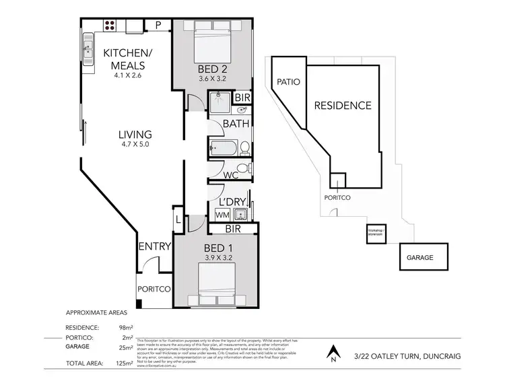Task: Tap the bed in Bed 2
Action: [x=211, y=44]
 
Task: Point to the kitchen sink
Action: [x=88, y=48]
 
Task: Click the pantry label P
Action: [x=158, y=26]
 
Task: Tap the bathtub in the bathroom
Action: [x=223, y=147]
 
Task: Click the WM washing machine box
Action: [x=222, y=214]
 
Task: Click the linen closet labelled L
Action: [x=178, y=219]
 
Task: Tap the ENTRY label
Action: [x=154, y=246]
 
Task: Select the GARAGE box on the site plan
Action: [x=419, y=257]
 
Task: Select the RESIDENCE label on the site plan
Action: [x=343, y=105]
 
